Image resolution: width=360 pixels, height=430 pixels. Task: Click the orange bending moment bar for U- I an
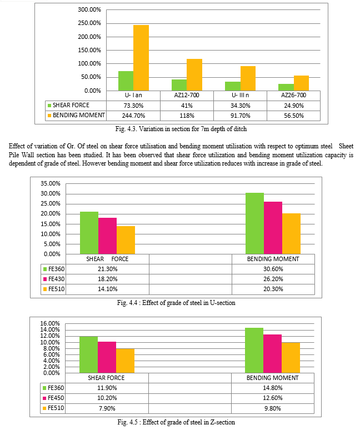141,58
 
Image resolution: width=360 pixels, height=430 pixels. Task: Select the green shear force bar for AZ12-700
179,85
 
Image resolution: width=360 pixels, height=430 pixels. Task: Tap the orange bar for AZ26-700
301,83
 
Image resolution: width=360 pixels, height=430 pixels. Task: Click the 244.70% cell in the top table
133,116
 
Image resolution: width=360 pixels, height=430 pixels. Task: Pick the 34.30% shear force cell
240,106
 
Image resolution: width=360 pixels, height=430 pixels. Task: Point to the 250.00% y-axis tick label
89,23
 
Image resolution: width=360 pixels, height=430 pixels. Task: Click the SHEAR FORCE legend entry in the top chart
68,106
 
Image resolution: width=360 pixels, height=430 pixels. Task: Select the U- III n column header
240,95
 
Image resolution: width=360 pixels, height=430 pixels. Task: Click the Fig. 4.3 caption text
181,129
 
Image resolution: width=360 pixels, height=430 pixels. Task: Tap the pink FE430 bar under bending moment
273,228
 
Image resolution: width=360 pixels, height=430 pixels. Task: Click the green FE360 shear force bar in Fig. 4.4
89,233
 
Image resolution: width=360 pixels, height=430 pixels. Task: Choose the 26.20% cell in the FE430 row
273,279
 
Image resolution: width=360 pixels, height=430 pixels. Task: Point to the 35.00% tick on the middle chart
51,183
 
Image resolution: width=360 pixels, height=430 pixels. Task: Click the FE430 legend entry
54,279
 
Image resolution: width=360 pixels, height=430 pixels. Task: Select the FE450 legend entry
53,398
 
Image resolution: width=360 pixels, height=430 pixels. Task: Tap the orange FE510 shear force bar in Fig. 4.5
125,361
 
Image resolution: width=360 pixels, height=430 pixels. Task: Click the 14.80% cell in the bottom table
273,388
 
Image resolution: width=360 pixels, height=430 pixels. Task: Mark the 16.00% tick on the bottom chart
50,323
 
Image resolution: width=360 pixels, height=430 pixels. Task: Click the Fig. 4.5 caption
176,422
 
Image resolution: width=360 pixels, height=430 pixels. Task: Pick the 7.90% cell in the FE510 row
107,408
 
